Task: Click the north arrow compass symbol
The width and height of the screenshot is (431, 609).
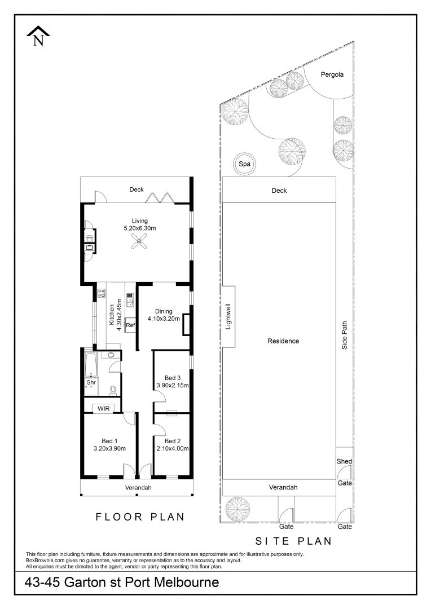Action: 38,37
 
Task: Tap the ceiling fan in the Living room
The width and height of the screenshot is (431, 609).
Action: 139,241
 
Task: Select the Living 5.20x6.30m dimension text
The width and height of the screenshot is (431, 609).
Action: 140,228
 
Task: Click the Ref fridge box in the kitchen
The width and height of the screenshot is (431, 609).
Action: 130,325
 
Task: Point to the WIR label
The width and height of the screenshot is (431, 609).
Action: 103,409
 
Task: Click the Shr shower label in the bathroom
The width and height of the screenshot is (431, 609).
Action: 91,382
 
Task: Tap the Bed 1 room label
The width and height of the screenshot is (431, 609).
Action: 109,441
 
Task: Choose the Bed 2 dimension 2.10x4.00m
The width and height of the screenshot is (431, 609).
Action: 173,449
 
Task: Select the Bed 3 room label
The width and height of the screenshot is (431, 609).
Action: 173,378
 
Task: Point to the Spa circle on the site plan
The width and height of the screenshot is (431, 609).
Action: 244,164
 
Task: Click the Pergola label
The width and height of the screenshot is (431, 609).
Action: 332,74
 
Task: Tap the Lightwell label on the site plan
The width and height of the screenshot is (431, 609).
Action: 228,316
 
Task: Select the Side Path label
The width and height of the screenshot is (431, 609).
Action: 344,335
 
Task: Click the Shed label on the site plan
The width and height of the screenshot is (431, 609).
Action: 344,461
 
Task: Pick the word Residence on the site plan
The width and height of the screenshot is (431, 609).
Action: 283,341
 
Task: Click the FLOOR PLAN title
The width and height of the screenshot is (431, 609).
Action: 140,517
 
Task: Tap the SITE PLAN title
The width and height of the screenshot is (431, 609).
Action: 293,541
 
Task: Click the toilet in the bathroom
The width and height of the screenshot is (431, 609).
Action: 113,390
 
